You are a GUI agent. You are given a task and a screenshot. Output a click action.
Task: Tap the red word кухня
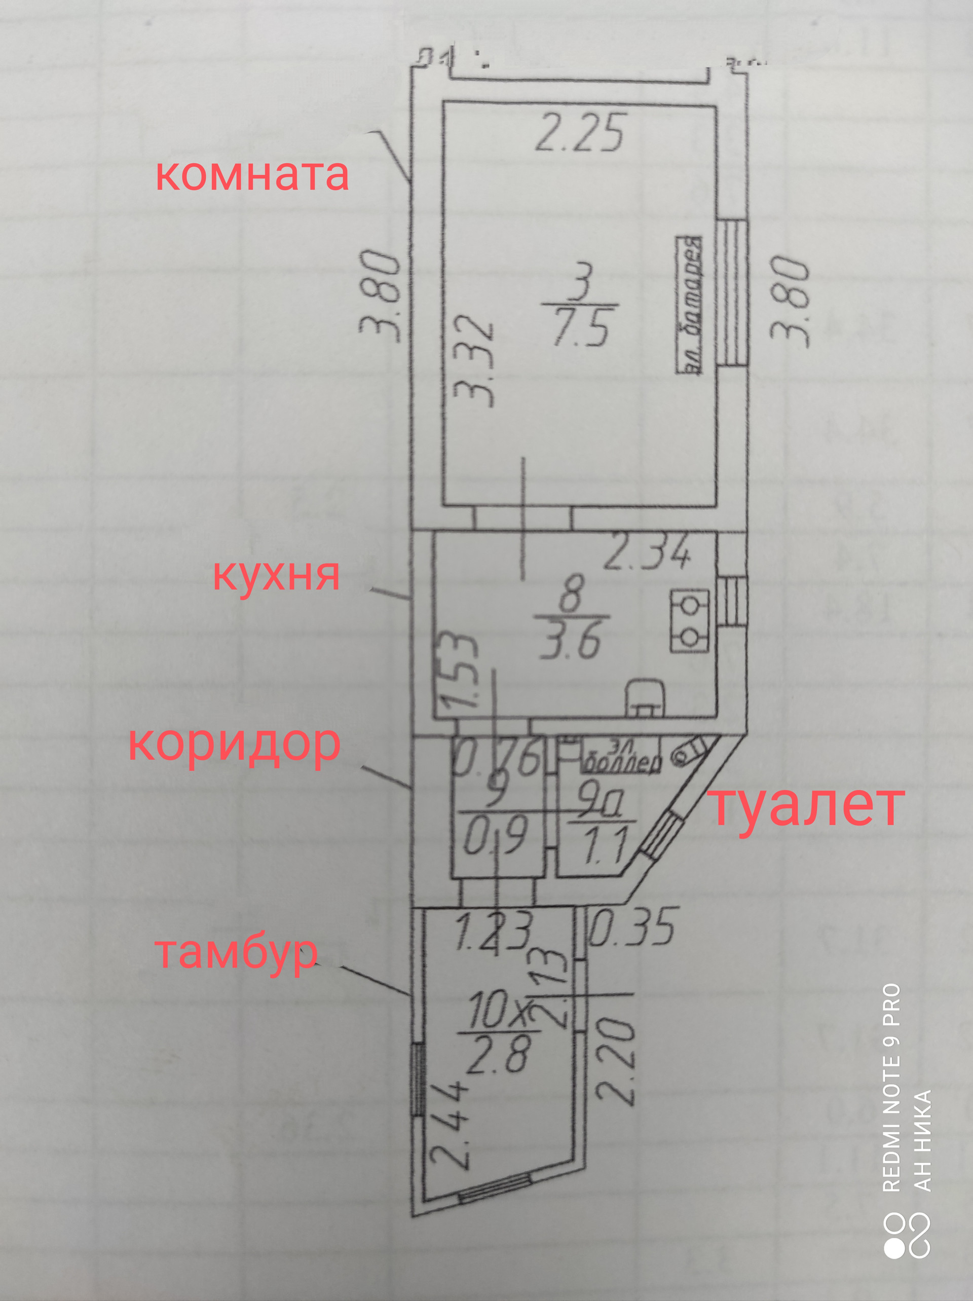tap(276, 575)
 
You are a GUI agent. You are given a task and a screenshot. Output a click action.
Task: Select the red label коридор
tap(234, 745)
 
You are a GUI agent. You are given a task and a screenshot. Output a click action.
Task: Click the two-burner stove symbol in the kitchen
tap(689, 621)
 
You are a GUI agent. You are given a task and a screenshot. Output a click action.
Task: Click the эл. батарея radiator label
tap(689, 305)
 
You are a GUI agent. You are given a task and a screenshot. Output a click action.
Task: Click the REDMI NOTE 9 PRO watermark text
tap(892, 1088)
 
